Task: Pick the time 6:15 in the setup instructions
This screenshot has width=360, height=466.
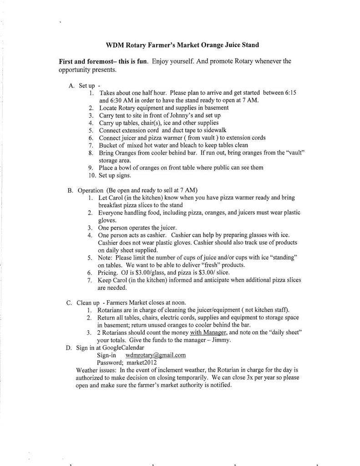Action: tap(290, 93)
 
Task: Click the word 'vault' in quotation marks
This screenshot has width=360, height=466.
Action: tap(294, 152)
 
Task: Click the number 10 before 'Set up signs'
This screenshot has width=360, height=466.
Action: tap(91, 175)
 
